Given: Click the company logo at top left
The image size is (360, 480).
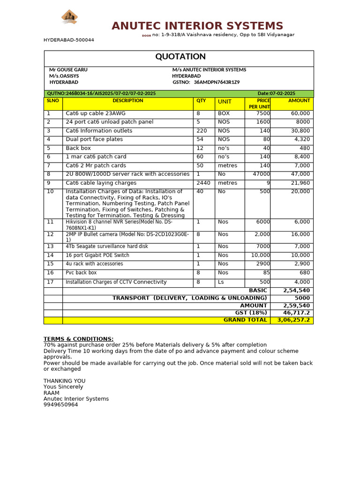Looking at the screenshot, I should coord(69,17).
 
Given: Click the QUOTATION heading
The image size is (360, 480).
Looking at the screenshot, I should coord(180,57).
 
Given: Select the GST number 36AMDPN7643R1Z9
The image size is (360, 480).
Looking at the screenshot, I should coord(217,82).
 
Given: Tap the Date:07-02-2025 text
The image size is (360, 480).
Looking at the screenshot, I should coord(277,94).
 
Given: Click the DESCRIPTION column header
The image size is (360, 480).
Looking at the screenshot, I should coord(128,101).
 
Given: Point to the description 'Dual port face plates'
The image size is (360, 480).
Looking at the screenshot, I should coord(94,139).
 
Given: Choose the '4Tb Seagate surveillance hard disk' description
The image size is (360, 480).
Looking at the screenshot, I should coord(107,246).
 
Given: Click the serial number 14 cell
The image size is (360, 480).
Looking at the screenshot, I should coord(51,255).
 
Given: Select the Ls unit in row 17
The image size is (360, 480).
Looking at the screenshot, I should coord(221,282).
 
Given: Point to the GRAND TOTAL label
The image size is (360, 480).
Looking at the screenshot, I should coord(245,320).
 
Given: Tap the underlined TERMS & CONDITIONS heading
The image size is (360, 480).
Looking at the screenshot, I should coord(78,339).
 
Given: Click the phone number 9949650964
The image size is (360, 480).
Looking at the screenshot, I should coord(61,405).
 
